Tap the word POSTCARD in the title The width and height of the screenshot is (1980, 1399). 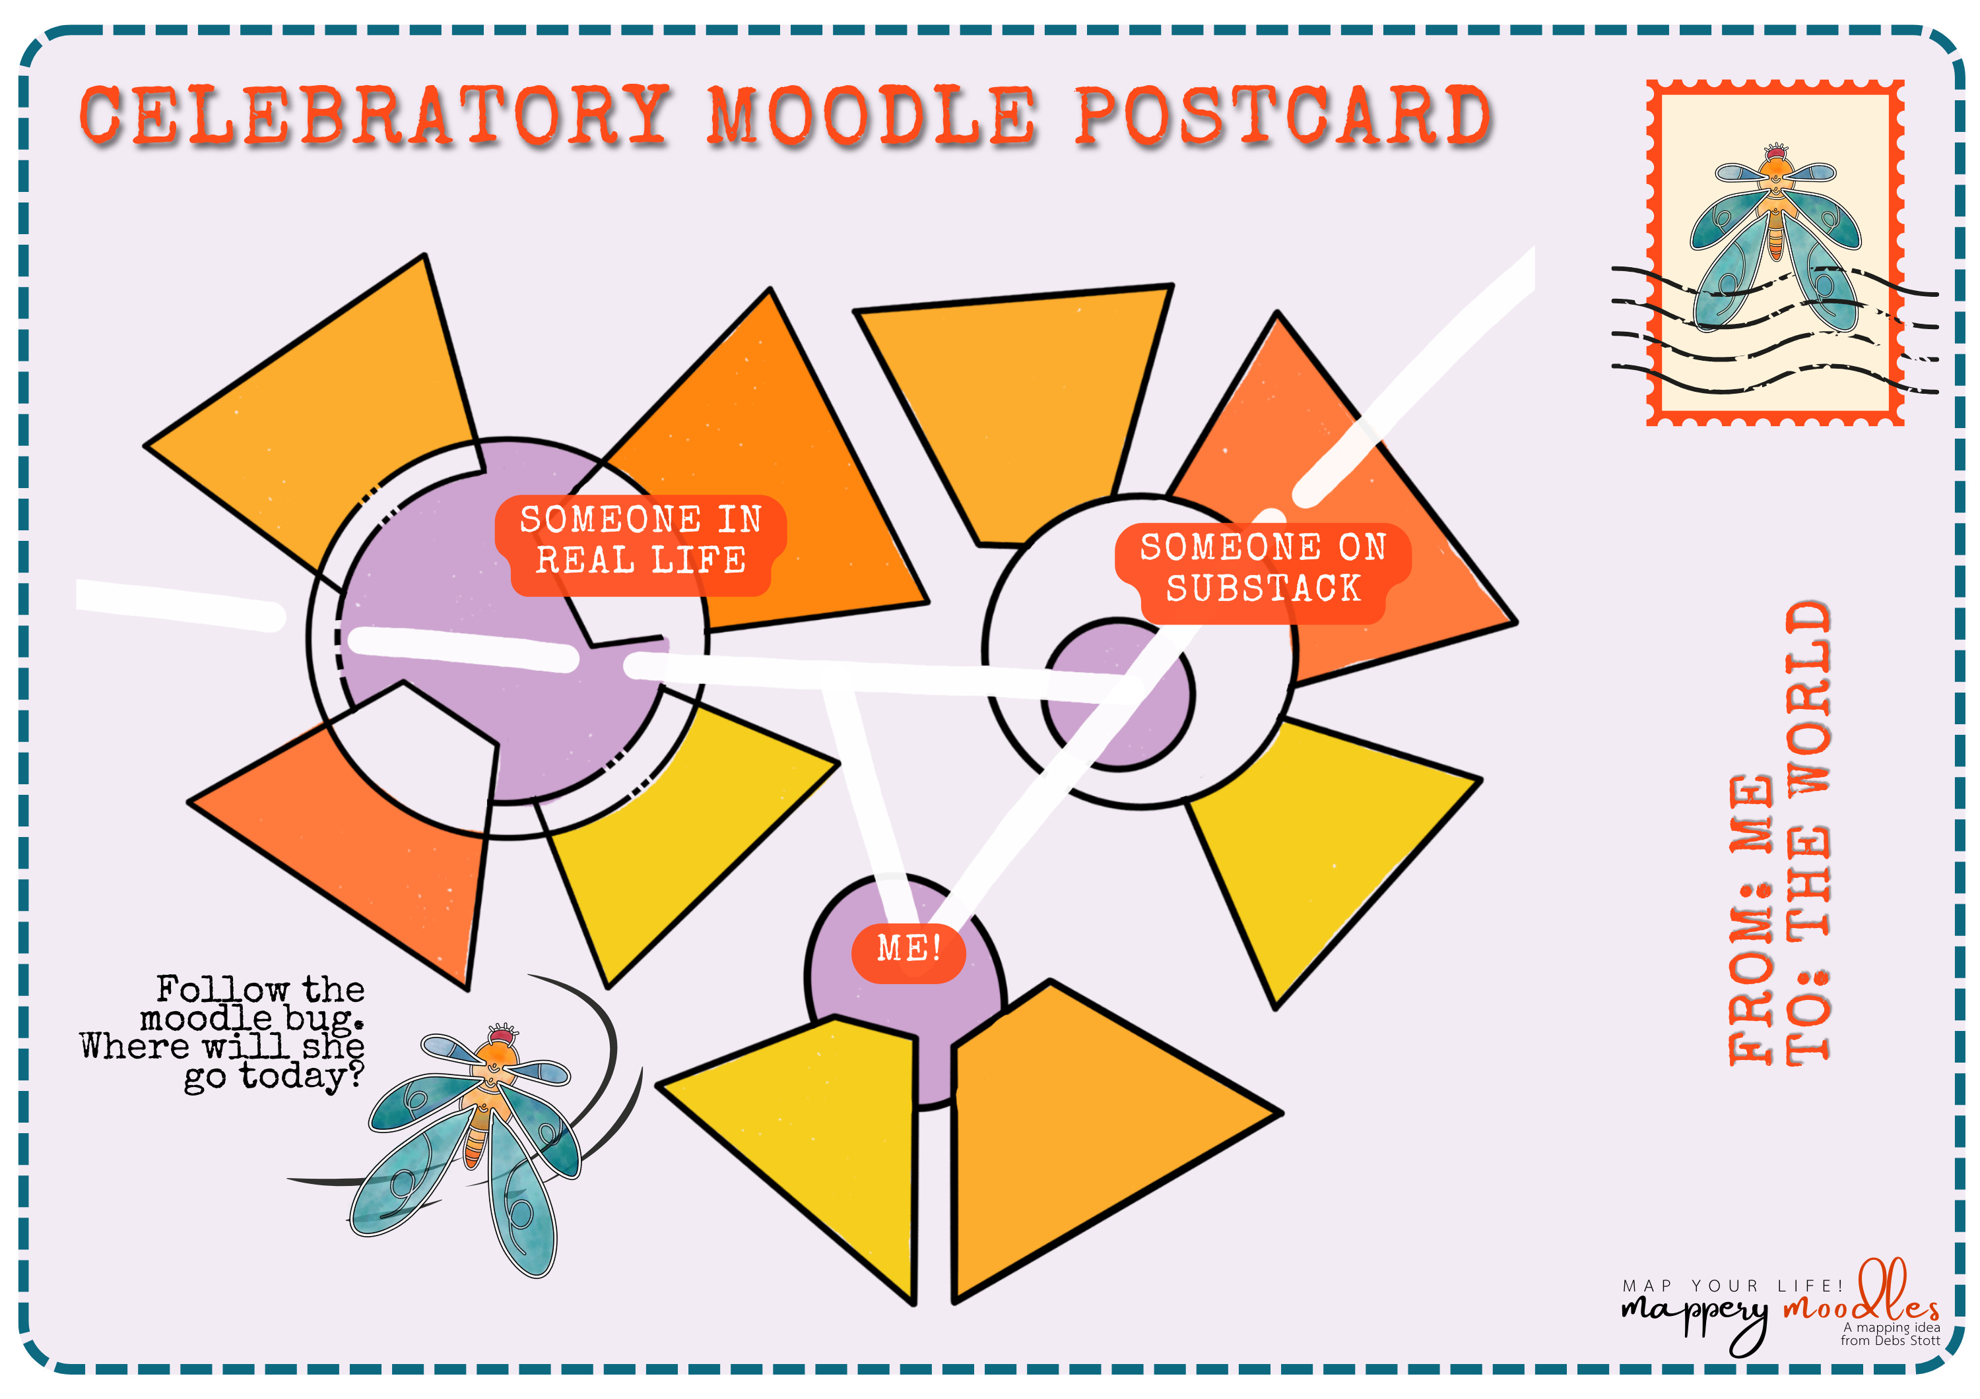[1283, 116]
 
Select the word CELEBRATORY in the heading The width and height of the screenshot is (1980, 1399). [375, 116]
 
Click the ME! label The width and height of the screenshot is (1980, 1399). [908, 950]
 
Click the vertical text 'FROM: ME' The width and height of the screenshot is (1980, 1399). [1750, 918]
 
